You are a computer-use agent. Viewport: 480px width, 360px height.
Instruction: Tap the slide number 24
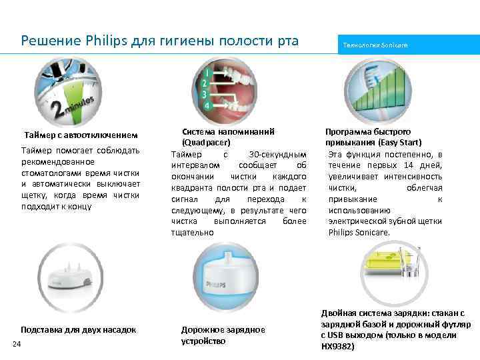click(17, 343)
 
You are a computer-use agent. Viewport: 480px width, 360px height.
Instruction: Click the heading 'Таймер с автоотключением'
click(81, 136)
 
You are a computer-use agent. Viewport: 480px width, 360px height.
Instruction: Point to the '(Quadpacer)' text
click(207, 142)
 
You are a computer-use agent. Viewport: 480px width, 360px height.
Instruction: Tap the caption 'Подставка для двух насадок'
click(78, 329)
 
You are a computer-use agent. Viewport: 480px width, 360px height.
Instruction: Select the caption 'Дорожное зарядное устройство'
click(223, 335)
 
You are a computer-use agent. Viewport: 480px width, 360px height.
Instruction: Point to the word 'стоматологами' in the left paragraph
click(51, 173)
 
